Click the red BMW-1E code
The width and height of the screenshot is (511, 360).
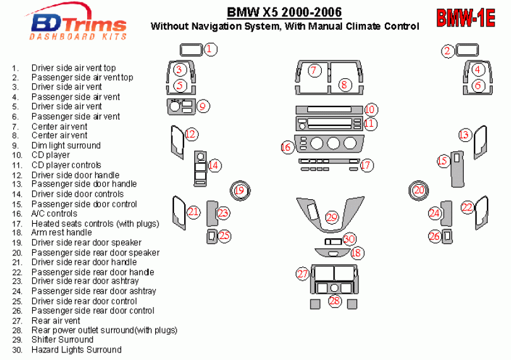[466, 18]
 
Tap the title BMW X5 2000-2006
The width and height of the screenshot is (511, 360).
[284, 12]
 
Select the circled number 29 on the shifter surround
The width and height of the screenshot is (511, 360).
[332, 217]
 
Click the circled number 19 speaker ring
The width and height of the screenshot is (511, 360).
[240, 190]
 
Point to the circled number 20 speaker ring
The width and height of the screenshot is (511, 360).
[419, 190]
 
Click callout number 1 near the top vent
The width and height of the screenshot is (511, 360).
[210, 49]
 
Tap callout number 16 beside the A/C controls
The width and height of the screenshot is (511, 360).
[286, 147]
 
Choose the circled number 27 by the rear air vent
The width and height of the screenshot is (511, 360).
[302, 274]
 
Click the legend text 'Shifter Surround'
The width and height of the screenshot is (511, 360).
[62, 339]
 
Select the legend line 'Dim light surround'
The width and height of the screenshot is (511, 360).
[66, 145]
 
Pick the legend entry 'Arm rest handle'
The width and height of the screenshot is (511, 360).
[62, 232]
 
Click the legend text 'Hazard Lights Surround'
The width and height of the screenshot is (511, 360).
[76, 349]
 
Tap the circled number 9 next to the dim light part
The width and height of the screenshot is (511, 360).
[203, 106]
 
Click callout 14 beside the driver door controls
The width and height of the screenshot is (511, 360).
[214, 165]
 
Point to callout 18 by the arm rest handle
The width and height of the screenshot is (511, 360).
[357, 253]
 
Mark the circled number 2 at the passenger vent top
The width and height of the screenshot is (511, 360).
[448, 51]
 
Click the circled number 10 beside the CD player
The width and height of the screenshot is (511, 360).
[370, 110]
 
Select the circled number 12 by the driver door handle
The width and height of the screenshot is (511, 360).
[191, 134]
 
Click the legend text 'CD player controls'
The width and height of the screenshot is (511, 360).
[66, 165]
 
